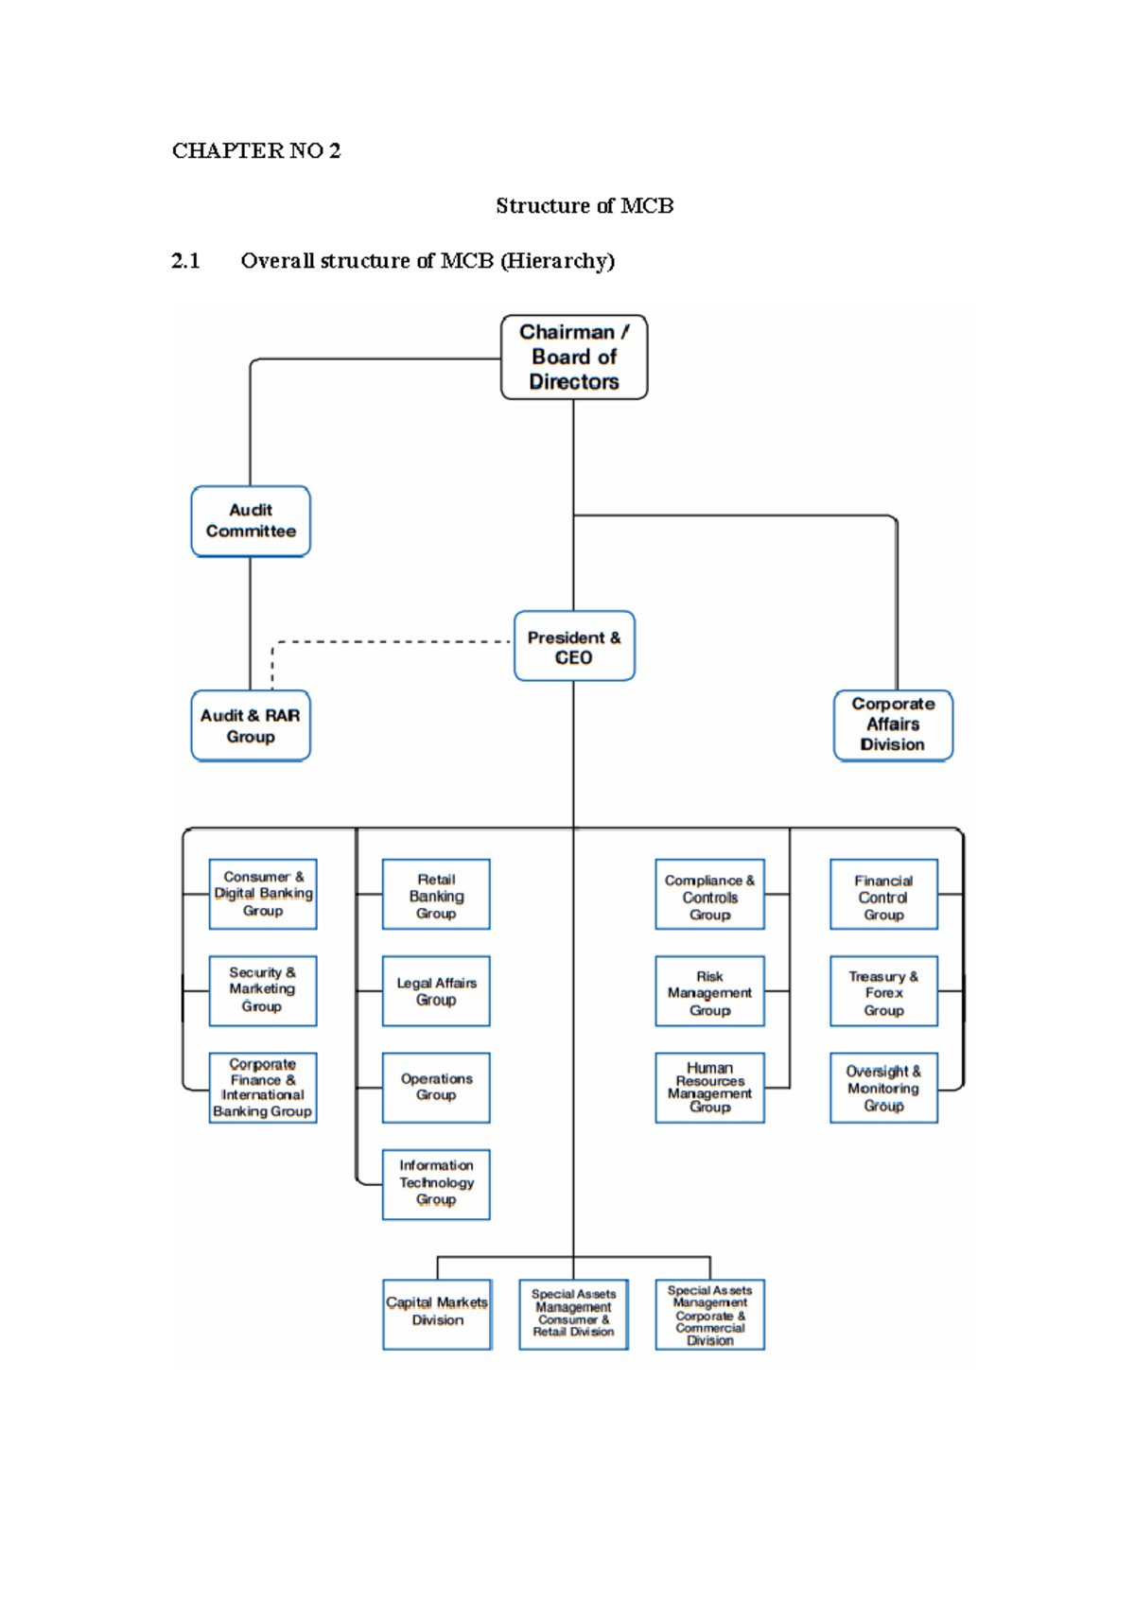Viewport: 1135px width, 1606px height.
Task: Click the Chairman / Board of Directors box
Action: tap(574, 357)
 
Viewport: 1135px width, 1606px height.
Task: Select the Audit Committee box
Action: tap(251, 521)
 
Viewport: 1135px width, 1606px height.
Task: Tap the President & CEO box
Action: tap(574, 646)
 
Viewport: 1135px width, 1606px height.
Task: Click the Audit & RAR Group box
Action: tap(251, 725)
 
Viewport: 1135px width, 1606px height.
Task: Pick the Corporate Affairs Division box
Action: tap(893, 724)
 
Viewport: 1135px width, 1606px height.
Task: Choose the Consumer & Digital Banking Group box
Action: tap(263, 894)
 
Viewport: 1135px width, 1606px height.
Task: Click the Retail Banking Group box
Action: tap(436, 895)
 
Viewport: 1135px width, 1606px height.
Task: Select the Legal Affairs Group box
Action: tap(436, 991)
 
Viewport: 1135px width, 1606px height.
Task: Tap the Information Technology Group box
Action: tap(436, 1184)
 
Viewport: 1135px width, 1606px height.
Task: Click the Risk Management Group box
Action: tap(709, 991)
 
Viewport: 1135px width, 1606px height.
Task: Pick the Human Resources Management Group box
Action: tap(709, 1088)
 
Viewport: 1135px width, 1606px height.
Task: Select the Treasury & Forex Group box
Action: tap(883, 991)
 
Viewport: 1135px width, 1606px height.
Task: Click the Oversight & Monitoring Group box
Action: tap(883, 1088)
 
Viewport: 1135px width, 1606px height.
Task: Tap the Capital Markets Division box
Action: tap(437, 1314)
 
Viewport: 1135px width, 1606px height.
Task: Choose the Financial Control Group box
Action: tap(883, 895)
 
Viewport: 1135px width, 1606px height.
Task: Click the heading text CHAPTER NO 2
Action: tap(256, 150)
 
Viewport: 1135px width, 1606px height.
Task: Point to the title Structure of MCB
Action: tap(585, 205)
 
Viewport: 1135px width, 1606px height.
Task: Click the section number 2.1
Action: tap(185, 261)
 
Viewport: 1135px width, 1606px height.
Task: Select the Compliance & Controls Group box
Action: tap(709, 895)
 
